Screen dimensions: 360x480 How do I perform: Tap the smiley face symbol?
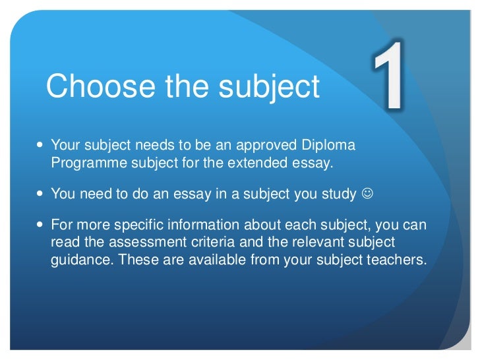click(x=367, y=194)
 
